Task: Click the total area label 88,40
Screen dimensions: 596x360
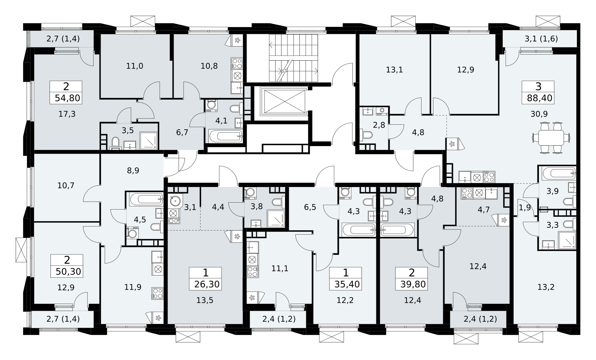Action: tap(539, 98)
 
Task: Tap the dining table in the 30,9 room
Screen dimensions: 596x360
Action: tap(551, 138)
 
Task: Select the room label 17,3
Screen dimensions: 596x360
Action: tap(67, 114)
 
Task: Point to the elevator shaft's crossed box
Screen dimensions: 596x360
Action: tap(285, 101)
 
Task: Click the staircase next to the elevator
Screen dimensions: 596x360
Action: tap(293, 58)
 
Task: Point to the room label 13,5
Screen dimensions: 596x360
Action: tap(205, 300)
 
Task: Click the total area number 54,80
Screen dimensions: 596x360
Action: tap(68, 98)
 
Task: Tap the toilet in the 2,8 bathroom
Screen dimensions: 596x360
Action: tap(366, 135)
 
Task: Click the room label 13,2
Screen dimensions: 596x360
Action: tap(546, 287)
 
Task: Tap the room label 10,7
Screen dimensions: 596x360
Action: tap(66, 185)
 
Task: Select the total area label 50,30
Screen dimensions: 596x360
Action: tap(68, 271)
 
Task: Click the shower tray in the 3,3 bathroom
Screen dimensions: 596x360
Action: tap(567, 240)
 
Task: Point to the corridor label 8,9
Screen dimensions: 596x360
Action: tap(133, 171)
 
